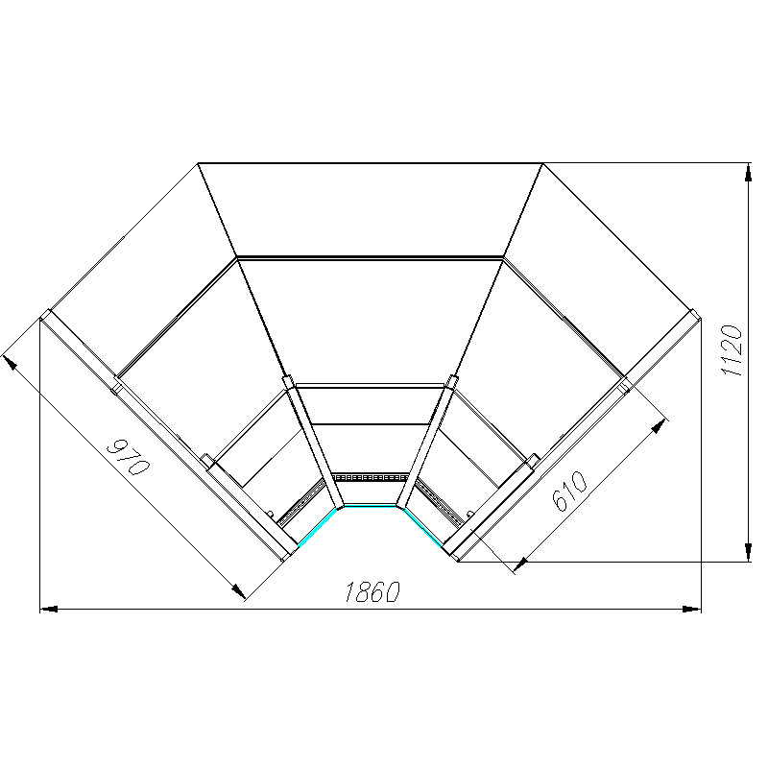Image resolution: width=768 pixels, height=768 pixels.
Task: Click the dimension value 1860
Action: click(372, 591)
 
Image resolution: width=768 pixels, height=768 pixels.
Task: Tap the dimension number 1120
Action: click(732, 350)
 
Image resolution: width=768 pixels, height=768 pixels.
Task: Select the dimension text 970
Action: click(128, 458)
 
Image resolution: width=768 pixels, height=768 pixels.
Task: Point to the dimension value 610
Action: click(569, 491)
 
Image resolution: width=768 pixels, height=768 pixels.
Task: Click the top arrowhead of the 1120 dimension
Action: click(748, 173)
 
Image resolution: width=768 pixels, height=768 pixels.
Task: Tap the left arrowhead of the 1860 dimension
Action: click(49, 610)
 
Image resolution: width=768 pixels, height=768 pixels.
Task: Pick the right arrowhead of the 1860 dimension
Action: click(692, 610)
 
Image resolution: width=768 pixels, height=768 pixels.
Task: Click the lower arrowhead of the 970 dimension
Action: click(238, 591)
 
